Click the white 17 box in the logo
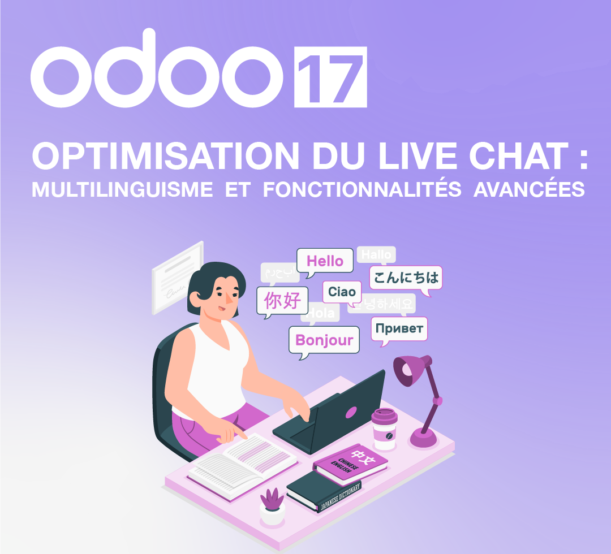[330, 77]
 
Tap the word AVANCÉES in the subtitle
[528, 189]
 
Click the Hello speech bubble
[325, 261]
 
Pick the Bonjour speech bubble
[324, 340]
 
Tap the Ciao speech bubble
[342, 292]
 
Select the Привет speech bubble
[399, 329]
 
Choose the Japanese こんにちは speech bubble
[406, 278]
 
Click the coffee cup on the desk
[384, 430]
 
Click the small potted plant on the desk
[272, 506]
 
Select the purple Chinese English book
[351, 465]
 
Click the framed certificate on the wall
[178, 277]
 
